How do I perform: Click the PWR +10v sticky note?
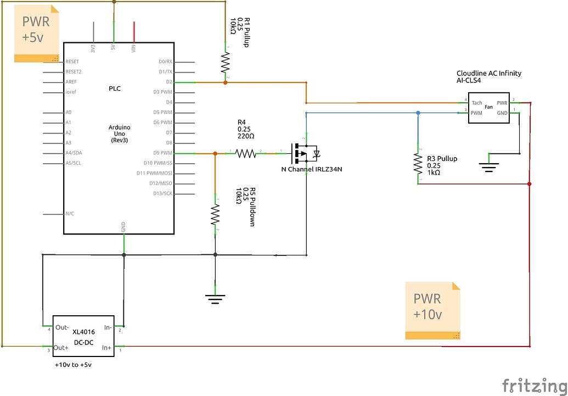(x=432, y=310)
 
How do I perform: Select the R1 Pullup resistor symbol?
(x=225, y=63)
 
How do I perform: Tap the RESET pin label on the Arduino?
(x=72, y=62)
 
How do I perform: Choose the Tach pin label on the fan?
(x=476, y=103)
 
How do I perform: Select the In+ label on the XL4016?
(x=105, y=348)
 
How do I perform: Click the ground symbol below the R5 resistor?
(x=215, y=299)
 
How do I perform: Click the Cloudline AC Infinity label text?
(x=488, y=73)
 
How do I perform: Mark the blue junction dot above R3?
(x=418, y=113)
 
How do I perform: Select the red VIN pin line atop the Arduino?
(x=133, y=32)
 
